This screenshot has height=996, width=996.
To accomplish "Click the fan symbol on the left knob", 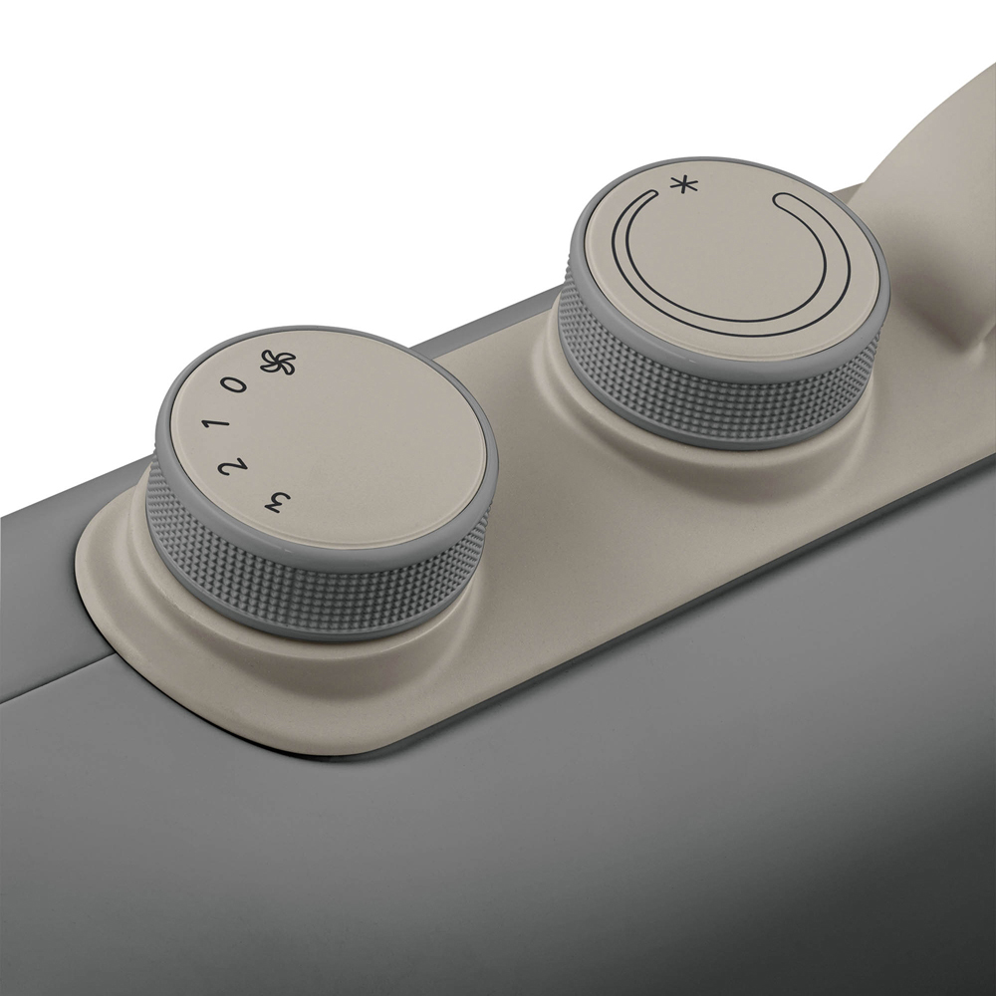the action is point(278,363).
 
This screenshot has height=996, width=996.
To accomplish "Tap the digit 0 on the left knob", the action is point(233,384).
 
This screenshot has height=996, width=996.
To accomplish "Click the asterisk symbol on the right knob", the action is point(685,185).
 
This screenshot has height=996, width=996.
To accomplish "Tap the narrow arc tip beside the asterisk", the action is point(654,191).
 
